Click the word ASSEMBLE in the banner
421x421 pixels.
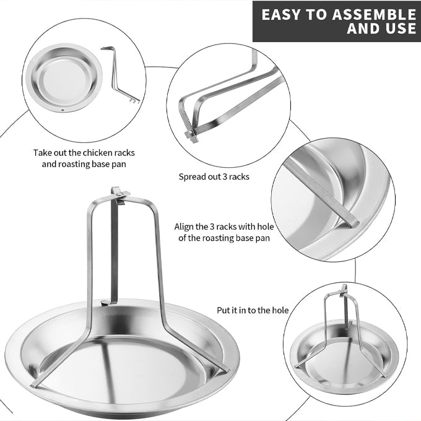click(x=374, y=14)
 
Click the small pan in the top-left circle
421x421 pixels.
click(x=64, y=78)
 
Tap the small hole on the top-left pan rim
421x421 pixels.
click(x=63, y=110)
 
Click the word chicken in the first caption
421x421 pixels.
click(x=97, y=153)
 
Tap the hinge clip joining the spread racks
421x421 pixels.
click(x=190, y=135)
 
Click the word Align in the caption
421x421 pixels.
click(x=184, y=227)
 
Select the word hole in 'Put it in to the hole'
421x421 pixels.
click(x=280, y=310)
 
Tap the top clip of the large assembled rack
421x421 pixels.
click(x=119, y=194)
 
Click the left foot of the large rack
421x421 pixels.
click(x=35, y=384)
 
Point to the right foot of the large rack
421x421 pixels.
click(x=225, y=370)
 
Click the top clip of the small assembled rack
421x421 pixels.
click(x=344, y=290)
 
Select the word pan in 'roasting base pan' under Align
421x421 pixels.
click(x=263, y=239)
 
